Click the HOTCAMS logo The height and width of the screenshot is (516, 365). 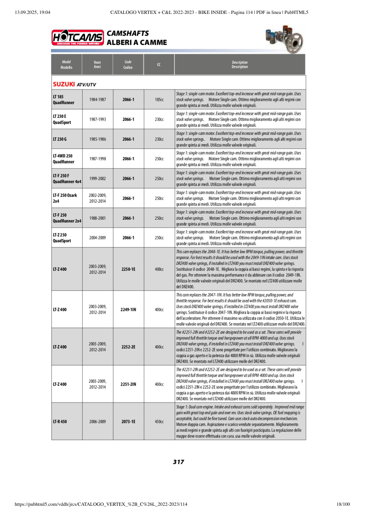tap(78, 38)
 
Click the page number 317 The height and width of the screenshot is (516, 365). tap(178, 462)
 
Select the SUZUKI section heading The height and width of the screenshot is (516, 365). tap(64, 84)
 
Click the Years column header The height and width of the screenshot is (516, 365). tap(97, 65)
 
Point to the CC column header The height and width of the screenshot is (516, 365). tap(159, 65)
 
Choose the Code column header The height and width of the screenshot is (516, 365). tap(128, 65)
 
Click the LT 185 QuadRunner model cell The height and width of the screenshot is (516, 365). tap(63, 99)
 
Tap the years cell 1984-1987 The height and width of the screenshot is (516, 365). tap(97, 100)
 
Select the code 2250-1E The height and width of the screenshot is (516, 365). tap(128, 269)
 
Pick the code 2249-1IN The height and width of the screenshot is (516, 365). tap(128, 309)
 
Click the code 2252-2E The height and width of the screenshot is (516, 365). tap(128, 347)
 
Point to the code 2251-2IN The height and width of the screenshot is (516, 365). tap(128, 384)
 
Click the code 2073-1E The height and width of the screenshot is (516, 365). tap(128, 421)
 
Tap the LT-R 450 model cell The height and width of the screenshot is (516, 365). tap(60, 421)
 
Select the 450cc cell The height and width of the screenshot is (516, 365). tap(159, 421)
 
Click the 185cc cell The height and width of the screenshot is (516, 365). tap(159, 100)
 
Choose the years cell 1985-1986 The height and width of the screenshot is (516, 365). tap(97, 139)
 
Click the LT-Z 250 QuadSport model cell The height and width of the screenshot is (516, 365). tap(62, 238)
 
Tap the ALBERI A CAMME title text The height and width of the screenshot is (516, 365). tap(137, 42)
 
